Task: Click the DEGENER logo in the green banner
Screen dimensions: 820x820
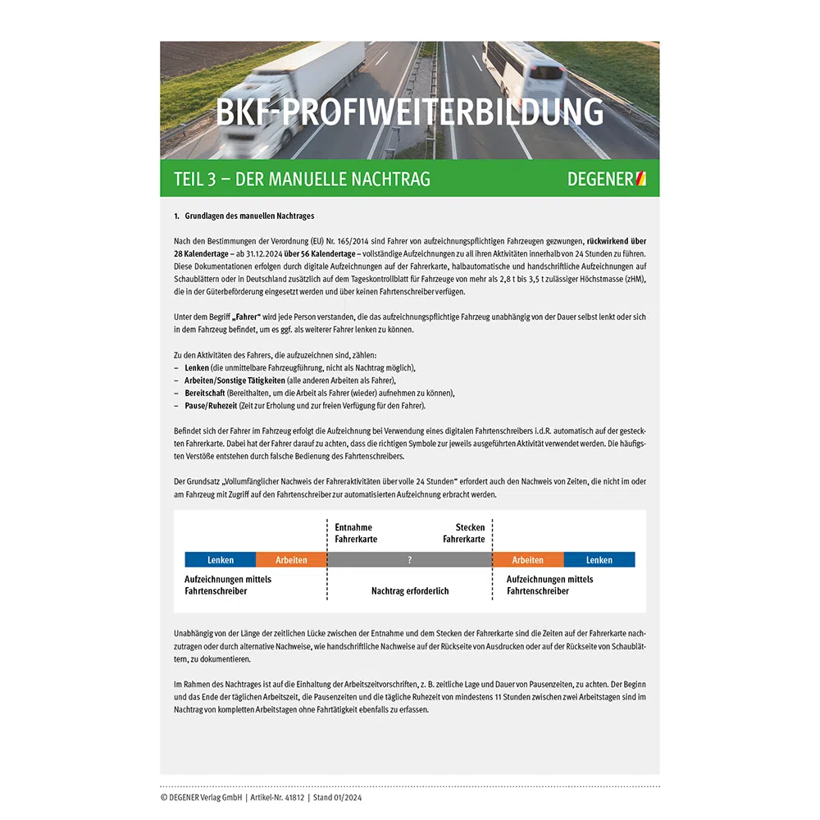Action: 606,179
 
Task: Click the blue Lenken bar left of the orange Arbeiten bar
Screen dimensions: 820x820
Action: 221,560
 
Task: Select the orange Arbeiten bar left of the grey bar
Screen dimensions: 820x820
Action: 291,560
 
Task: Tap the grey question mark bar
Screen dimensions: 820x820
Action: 409,560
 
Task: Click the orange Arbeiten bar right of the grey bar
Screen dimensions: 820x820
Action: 527,560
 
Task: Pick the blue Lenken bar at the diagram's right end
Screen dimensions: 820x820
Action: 599,560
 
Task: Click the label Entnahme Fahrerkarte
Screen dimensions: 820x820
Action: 356,533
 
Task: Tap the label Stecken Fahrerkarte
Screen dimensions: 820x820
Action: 464,533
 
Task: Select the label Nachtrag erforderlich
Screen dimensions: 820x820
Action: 410,590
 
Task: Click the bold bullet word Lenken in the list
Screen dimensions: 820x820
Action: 197,367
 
